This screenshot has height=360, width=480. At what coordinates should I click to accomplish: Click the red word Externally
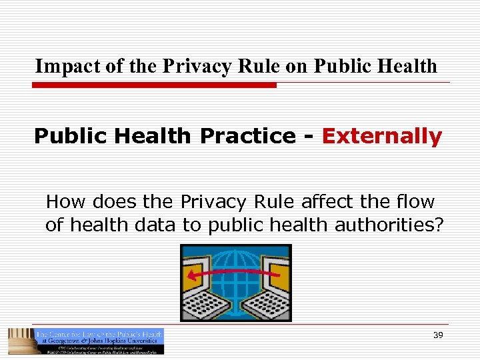coord(381,136)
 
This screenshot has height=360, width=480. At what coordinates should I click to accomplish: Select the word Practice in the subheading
coord(248,136)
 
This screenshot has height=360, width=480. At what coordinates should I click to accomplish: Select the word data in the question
coord(155,225)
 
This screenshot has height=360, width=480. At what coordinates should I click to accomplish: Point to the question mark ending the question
coord(438,225)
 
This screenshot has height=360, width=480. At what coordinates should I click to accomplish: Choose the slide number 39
coord(438,335)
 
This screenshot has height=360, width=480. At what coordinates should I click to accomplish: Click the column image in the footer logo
coord(19,341)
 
